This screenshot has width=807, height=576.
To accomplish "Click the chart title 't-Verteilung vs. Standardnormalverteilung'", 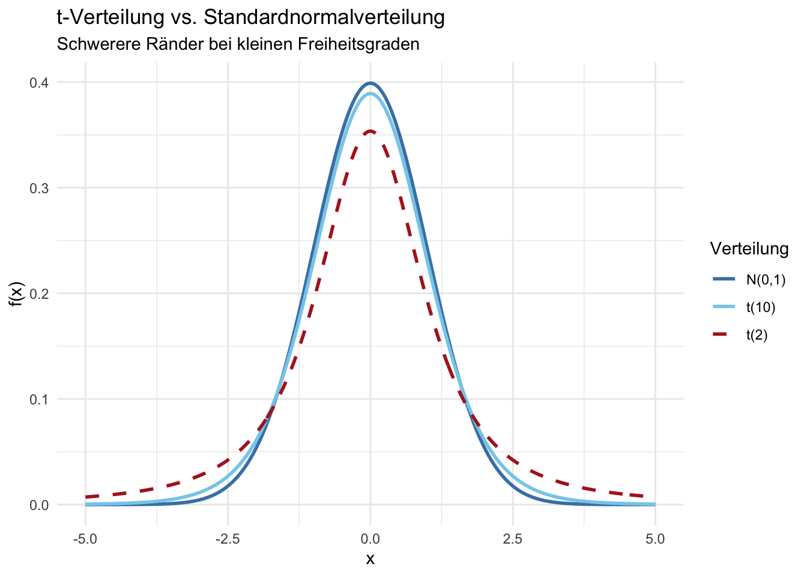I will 250,18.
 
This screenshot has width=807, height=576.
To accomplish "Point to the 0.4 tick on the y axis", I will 39,82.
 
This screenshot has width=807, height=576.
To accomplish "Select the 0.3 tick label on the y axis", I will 39,188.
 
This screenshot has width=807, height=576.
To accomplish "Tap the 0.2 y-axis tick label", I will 39,293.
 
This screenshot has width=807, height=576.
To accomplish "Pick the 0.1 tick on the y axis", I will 39,399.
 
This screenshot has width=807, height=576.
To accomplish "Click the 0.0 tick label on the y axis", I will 39,505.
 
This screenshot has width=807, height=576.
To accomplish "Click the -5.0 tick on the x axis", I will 85,539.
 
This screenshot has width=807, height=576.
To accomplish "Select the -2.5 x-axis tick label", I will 228,539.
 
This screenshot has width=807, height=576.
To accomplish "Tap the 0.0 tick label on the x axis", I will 370,539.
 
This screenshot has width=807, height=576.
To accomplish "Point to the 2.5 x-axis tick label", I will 513,539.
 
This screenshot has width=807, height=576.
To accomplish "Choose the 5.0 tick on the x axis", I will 655,539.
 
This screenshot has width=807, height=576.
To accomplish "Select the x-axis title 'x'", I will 370,559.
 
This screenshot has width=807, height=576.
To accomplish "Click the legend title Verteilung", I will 749,248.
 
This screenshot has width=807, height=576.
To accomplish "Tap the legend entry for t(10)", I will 761,308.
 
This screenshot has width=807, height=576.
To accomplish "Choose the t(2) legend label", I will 757,335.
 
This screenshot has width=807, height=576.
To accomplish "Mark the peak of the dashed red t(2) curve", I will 370,131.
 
